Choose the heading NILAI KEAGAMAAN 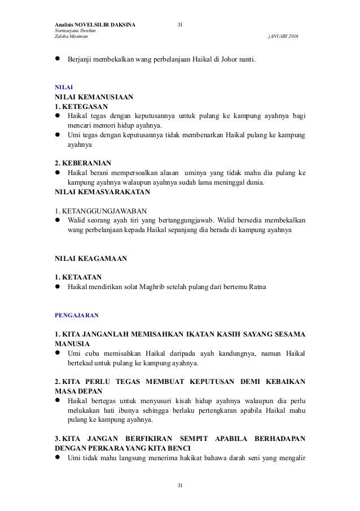tap(90, 259)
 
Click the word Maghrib tap(162, 287)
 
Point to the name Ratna tap(256, 287)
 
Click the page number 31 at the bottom tap(180, 485)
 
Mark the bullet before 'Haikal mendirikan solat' tap(57, 287)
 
